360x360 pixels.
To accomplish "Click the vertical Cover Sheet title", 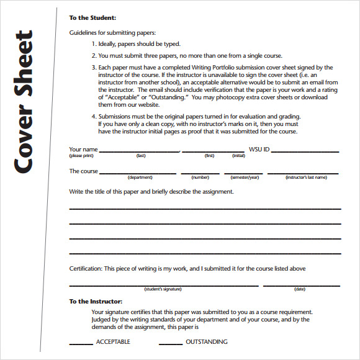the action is [26, 102].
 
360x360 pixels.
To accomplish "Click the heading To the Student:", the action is [92, 18].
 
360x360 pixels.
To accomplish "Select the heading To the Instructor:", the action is [96, 301].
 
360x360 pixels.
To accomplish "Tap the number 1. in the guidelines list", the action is [94, 44].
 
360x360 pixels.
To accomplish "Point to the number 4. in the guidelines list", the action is [94, 116].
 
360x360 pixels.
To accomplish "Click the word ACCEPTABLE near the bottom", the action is [113, 342].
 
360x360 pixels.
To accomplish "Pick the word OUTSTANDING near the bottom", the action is [207, 342].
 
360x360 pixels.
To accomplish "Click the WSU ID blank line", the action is [305, 151].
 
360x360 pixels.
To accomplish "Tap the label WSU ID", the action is [259, 150].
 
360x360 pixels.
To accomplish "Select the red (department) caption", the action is [140, 178].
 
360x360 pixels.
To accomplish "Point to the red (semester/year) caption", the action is [245, 178].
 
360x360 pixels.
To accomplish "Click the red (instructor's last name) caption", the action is [306, 178].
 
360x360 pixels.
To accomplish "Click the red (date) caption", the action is [300, 289].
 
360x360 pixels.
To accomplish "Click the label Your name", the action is [83, 150].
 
